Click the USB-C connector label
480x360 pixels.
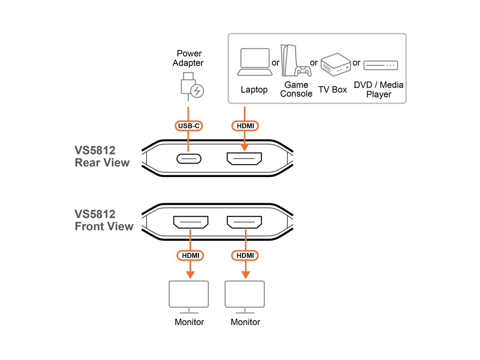pyautogui.click(x=189, y=126)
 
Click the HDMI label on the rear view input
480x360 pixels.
pyautogui.click(x=245, y=126)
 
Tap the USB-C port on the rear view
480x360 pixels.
pyautogui.click(x=189, y=159)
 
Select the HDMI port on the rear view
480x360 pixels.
pyautogui.click(x=244, y=159)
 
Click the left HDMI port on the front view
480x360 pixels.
pyautogui.click(x=190, y=222)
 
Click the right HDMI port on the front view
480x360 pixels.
pyautogui.click(x=244, y=222)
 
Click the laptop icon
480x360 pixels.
pyautogui.click(x=255, y=62)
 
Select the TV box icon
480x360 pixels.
pyautogui.click(x=335, y=64)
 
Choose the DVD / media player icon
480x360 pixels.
pyautogui.click(x=380, y=64)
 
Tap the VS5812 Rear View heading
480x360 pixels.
pyautogui.click(x=102, y=156)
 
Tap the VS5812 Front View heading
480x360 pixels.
pyautogui.click(x=104, y=220)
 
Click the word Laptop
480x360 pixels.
pyautogui.click(x=254, y=90)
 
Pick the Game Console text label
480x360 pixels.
pyautogui.click(x=296, y=90)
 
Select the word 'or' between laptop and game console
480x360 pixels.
pyautogui.click(x=276, y=63)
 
